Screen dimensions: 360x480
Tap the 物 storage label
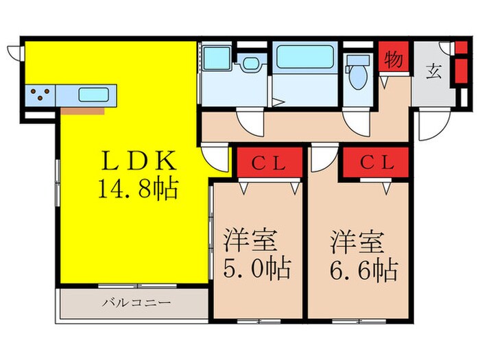click(x=393, y=60)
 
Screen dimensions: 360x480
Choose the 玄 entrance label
click(x=434, y=71)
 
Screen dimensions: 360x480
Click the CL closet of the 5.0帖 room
click(x=269, y=164)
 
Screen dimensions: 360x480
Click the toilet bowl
click(x=358, y=81)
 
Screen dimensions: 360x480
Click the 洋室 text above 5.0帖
click(x=251, y=243)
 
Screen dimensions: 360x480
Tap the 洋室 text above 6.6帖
click(x=357, y=243)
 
